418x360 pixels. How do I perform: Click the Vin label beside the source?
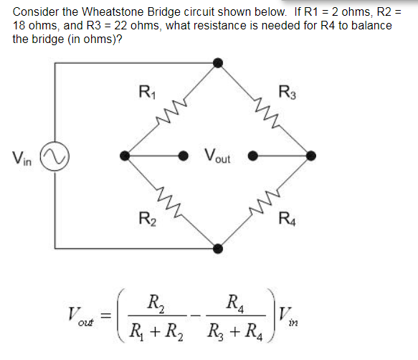pyautogui.click(x=21, y=157)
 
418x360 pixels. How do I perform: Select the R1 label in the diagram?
pyautogui.click(x=144, y=92)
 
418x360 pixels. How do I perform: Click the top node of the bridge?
pyautogui.click(x=219, y=63)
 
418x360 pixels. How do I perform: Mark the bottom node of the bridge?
pyautogui.click(x=219, y=249)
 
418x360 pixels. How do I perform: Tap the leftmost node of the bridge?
pyautogui.click(x=126, y=154)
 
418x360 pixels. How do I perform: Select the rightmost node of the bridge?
pyautogui.click(x=310, y=154)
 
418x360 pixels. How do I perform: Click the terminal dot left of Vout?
pyautogui.click(x=184, y=154)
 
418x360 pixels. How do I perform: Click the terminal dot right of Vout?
pyautogui.click(x=252, y=154)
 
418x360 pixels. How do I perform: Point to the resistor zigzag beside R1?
pyautogui.click(x=173, y=110)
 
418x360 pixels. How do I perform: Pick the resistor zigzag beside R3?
pyautogui.click(x=265, y=110)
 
